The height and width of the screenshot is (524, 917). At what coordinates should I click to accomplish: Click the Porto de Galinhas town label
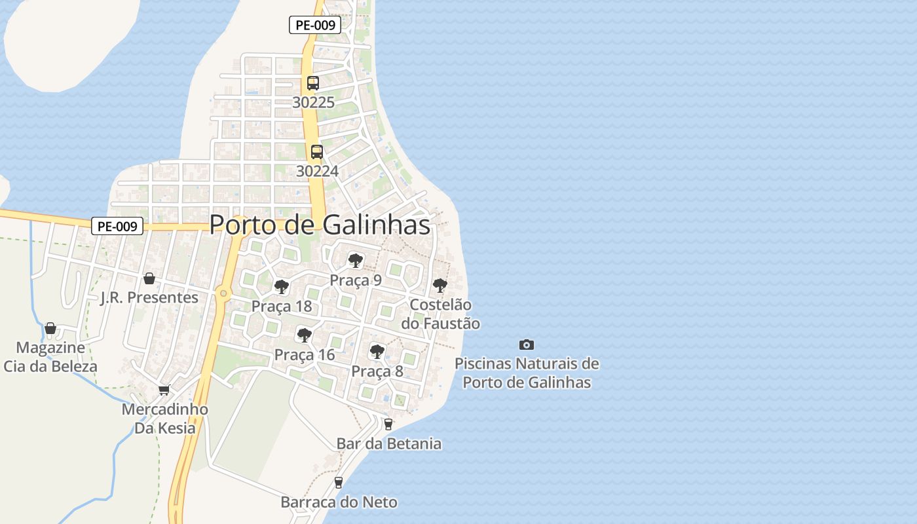coord(320,225)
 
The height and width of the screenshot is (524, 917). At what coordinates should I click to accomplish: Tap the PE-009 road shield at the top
coord(315,26)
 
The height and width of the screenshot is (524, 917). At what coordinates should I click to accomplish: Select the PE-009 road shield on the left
coord(117,227)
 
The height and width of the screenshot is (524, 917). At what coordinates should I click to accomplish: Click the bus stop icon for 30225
coord(313,83)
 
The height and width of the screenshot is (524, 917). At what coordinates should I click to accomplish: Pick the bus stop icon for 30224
coord(317,152)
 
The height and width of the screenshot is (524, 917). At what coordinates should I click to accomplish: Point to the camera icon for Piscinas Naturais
coord(527,345)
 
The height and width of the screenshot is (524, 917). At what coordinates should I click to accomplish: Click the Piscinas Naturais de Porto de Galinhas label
coord(527,373)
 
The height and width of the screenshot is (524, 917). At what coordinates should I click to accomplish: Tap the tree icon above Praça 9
coord(356,261)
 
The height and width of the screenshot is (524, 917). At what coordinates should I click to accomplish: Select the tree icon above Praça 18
coord(282,287)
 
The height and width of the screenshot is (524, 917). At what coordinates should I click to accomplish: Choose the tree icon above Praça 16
coord(304,335)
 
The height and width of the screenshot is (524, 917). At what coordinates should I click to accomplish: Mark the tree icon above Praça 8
coord(377,352)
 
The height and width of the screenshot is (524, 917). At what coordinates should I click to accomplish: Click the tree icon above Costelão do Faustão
coord(440,286)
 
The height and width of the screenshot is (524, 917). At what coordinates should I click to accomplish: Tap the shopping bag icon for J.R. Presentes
coord(149,278)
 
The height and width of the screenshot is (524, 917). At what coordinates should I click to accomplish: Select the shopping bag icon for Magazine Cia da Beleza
coord(50,327)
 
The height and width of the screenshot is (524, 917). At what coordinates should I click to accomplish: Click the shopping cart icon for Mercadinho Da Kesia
coord(164,390)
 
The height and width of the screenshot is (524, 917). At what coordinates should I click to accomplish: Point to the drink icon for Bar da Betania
coord(388,424)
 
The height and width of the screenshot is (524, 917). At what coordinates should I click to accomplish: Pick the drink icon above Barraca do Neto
coord(339,483)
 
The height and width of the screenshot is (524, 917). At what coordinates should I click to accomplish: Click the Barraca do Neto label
coord(339,502)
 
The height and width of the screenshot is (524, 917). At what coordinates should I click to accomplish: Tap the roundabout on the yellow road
coord(224,293)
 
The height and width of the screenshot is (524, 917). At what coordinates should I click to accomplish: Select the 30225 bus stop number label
coord(313,102)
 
